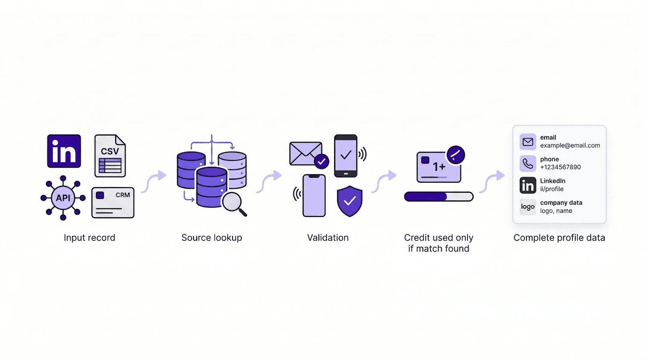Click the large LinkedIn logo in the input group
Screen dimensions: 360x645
tap(64, 151)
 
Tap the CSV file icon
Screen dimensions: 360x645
tap(110, 156)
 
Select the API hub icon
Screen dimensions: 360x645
tap(63, 198)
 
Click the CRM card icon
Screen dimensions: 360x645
tap(113, 202)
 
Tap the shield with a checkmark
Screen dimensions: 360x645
tap(350, 201)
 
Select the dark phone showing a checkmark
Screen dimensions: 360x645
tap(346, 156)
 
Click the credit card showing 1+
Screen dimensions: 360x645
tap(439, 167)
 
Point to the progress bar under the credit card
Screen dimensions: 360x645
tap(439, 197)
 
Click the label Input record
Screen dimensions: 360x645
tap(89, 238)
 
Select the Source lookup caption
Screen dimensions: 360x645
tap(212, 238)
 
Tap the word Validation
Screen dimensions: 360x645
tap(328, 238)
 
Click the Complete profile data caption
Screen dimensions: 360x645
tap(559, 238)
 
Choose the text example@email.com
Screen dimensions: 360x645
tap(570, 146)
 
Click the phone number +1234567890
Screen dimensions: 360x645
tap(560, 167)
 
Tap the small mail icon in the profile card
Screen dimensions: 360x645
tap(528, 142)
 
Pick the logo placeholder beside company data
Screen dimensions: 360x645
tap(528, 207)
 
